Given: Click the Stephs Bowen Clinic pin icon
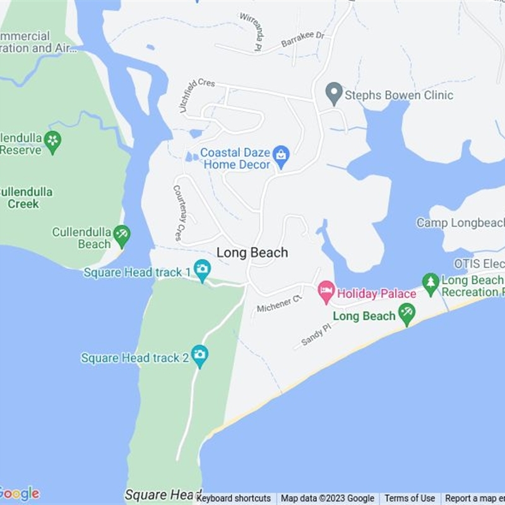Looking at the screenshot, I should tap(334, 94).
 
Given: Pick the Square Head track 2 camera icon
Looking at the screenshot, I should tap(199, 356).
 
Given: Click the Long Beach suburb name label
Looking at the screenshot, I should tap(252, 252).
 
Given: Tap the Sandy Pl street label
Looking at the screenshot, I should tap(316, 335).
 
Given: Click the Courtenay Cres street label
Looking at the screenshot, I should tap(178, 212).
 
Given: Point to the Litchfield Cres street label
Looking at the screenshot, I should tap(196, 95).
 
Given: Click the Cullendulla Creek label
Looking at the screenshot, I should tap(25, 198).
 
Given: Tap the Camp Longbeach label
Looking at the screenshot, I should tap(460, 223).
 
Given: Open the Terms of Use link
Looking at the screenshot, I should tap(410, 498).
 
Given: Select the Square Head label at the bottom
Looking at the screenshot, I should tap(163, 495).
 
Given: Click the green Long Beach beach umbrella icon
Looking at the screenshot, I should tap(407, 313).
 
